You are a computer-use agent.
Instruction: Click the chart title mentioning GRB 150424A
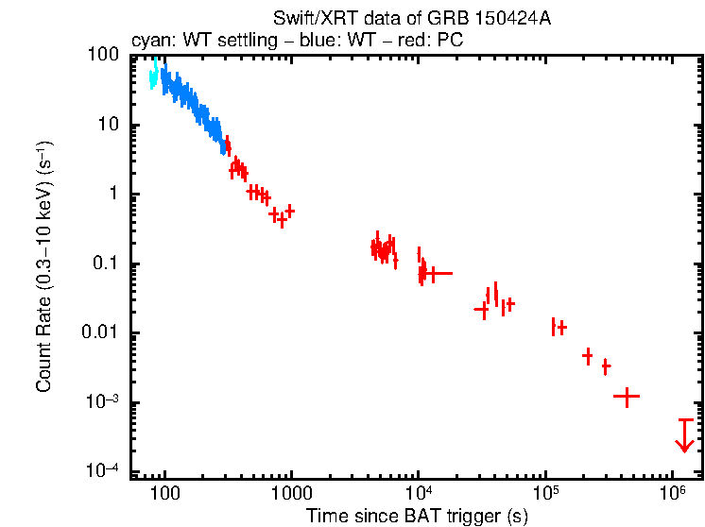coord(410,19)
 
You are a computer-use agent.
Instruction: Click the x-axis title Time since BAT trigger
coord(417,516)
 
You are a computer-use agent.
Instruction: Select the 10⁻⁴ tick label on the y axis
coord(112,471)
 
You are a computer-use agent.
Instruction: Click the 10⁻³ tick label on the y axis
coord(112,402)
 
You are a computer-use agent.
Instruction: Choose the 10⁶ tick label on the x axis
coord(672,494)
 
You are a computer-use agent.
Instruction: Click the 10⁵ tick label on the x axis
coord(545,494)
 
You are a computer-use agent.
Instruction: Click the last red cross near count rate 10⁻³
coord(626,397)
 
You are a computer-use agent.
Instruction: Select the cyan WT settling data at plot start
coord(153,75)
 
